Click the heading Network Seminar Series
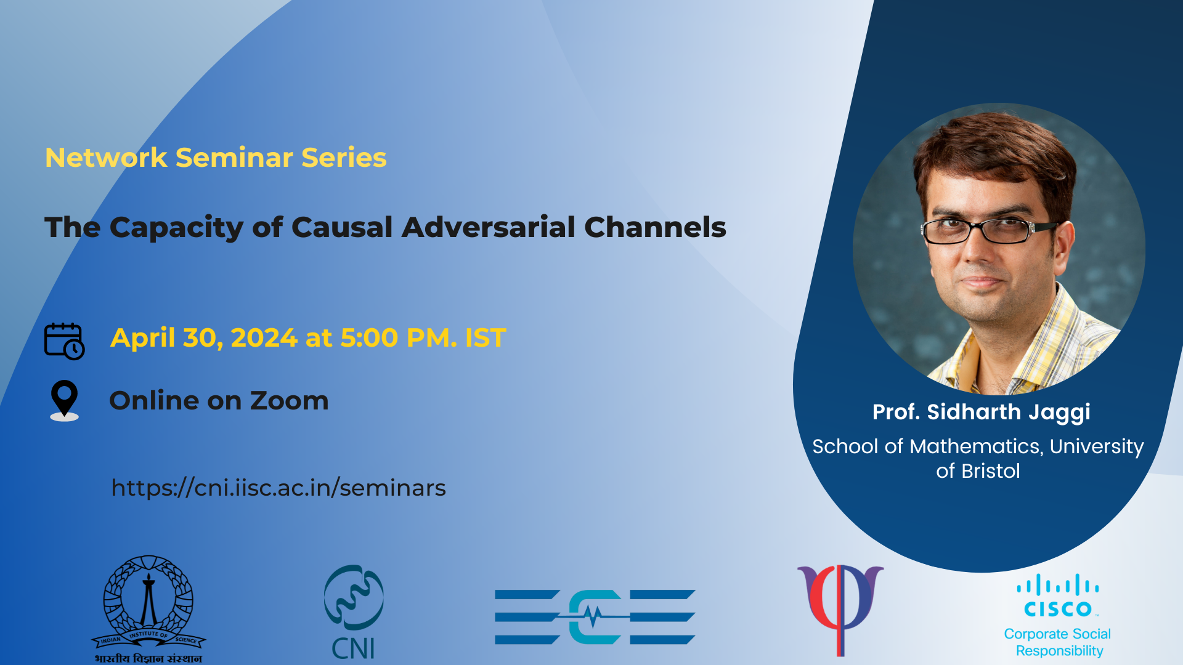click(216, 158)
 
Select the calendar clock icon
click(64, 341)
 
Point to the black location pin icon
click(64, 400)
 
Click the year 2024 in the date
click(264, 337)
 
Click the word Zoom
click(289, 401)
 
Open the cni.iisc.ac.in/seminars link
click(278, 488)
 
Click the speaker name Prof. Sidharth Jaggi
click(981, 412)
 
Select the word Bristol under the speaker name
click(991, 471)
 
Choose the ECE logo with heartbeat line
click(595, 616)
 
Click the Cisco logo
click(1058, 595)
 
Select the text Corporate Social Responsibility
click(1058, 642)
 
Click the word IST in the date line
click(486, 337)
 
